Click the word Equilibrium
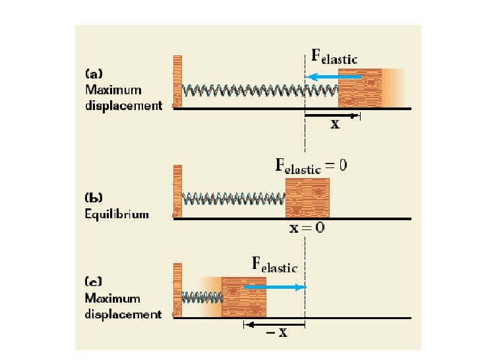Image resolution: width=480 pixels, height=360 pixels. pos(117,214)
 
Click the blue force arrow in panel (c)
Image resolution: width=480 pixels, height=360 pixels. pos(274,287)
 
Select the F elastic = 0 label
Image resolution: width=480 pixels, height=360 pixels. pos(311,165)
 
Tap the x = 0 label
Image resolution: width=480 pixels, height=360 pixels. pos(307,229)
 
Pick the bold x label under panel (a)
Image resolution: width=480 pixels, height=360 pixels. pos(335,125)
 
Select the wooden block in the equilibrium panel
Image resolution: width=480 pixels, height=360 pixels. pos(307,197)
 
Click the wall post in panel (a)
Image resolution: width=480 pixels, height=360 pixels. pos(177,81)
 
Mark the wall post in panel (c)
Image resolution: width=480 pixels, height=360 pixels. pos(177,290)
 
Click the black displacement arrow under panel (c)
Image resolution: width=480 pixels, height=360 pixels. pos(274,324)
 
